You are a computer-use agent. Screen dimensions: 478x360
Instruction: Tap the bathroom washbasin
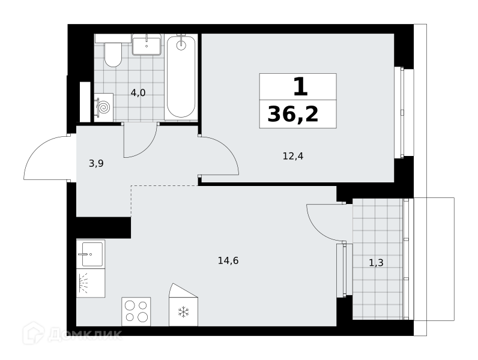pyautogui.click(x=147, y=44)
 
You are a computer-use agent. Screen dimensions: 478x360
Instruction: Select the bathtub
pyautogui.click(x=181, y=77)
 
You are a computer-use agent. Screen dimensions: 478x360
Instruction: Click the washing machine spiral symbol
pyautogui.click(x=104, y=107)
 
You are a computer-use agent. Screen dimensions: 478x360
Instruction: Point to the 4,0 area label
pyautogui.click(x=138, y=92)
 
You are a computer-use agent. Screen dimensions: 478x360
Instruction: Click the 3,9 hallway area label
pyautogui.click(x=96, y=164)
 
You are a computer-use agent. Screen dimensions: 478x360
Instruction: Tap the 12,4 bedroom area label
pyautogui.click(x=293, y=156)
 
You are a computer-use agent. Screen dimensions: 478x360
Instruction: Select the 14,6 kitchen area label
pyautogui.click(x=228, y=261)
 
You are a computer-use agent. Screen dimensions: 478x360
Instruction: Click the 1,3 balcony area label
pyautogui.click(x=376, y=263)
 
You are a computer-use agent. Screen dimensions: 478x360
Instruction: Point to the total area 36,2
pyautogui.click(x=293, y=115)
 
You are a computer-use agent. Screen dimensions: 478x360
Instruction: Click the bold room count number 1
pyautogui.click(x=301, y=87)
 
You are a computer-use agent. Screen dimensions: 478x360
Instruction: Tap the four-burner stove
pyautogui.click(x=136, y=311)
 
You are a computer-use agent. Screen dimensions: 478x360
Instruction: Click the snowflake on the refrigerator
pyautogui.click(x=183, y=312)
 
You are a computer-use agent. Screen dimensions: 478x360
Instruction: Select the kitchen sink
pyautogui.click(x=91, y=254)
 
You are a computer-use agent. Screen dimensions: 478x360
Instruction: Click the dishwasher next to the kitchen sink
pyautogui.click(x=91, y=283)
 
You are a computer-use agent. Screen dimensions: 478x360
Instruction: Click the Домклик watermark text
pyautogui.click(x=85, y=335)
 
